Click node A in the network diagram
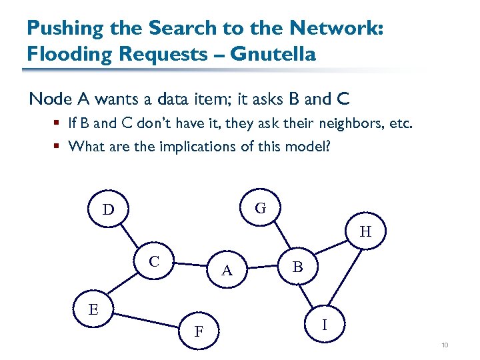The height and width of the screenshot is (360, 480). (x=227, y=270)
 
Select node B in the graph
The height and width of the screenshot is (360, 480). (x=298, y=267)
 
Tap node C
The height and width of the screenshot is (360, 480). (x=153, y=261)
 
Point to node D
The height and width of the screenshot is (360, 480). (x=108, y=210)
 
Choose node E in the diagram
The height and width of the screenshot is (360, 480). (x=93, y=309)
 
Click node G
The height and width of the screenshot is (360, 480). (x=261, y=208)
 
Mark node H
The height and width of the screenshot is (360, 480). (x=365, y=232)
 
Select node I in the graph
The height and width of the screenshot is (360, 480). (x=324, y=325)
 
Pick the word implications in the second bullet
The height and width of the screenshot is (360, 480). (x=194, y=145)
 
